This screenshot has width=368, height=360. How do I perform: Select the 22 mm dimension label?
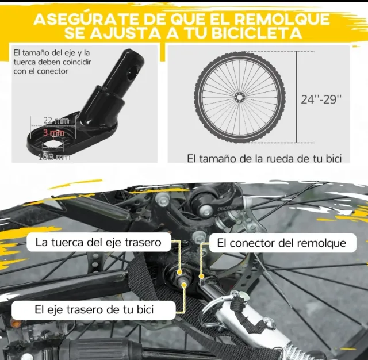pyautogui.click(x=56, y=120)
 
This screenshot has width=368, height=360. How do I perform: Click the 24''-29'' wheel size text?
pyautogui.click(x=321, y=98)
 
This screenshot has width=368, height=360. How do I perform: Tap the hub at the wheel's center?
pyautogui.click(x=238, y=98)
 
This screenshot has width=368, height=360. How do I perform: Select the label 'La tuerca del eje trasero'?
pyautogui.click(x=98, y=242)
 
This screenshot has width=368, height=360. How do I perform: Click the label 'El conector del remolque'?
pyautogui.click(x=282, y=243)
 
